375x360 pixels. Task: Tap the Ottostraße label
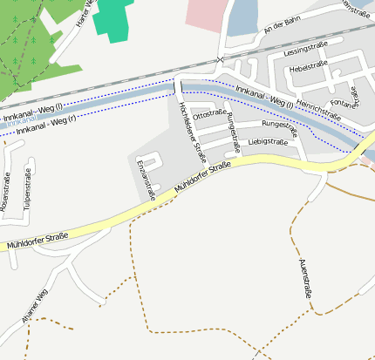[209, 114]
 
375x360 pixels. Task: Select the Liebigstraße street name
[268, 141]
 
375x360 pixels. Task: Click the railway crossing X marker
[221, 59]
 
